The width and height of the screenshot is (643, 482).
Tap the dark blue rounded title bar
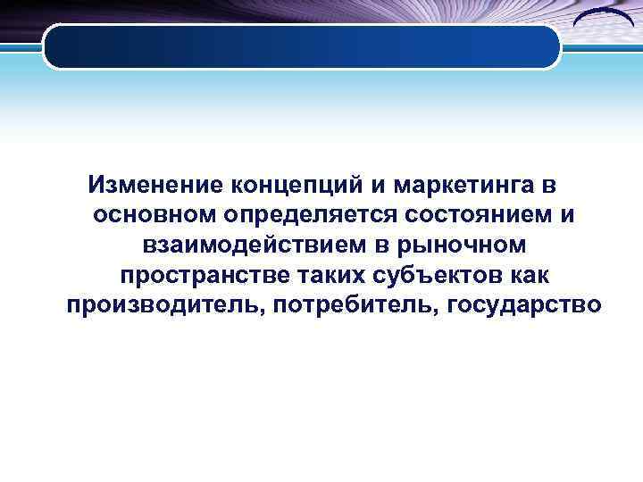(302, 46)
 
